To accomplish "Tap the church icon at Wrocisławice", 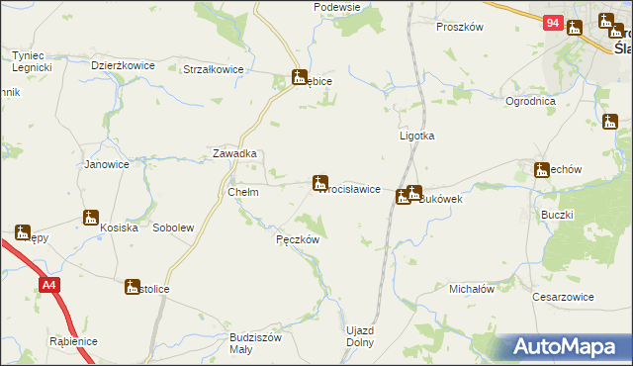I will pyautogui.click(x=319, y=182).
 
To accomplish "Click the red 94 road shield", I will pyautogui.click(x=552, y=23).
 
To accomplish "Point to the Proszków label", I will pyautogui.click(x=459, y=27).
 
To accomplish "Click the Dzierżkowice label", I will pyautogui.click(x=123, y=65).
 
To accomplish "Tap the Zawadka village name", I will pyautogui.click(x=235, y=154).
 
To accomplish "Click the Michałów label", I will pyautogui.click(x=471, y=289).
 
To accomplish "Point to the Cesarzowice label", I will pyautogui.click(x=563, y=296).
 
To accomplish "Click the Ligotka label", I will pyautogui.click(x=416, y=137).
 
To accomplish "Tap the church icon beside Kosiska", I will pyautogui.click(x=91, y=218).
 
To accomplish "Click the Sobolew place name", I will pyautogui.click(x=173, y=228).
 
